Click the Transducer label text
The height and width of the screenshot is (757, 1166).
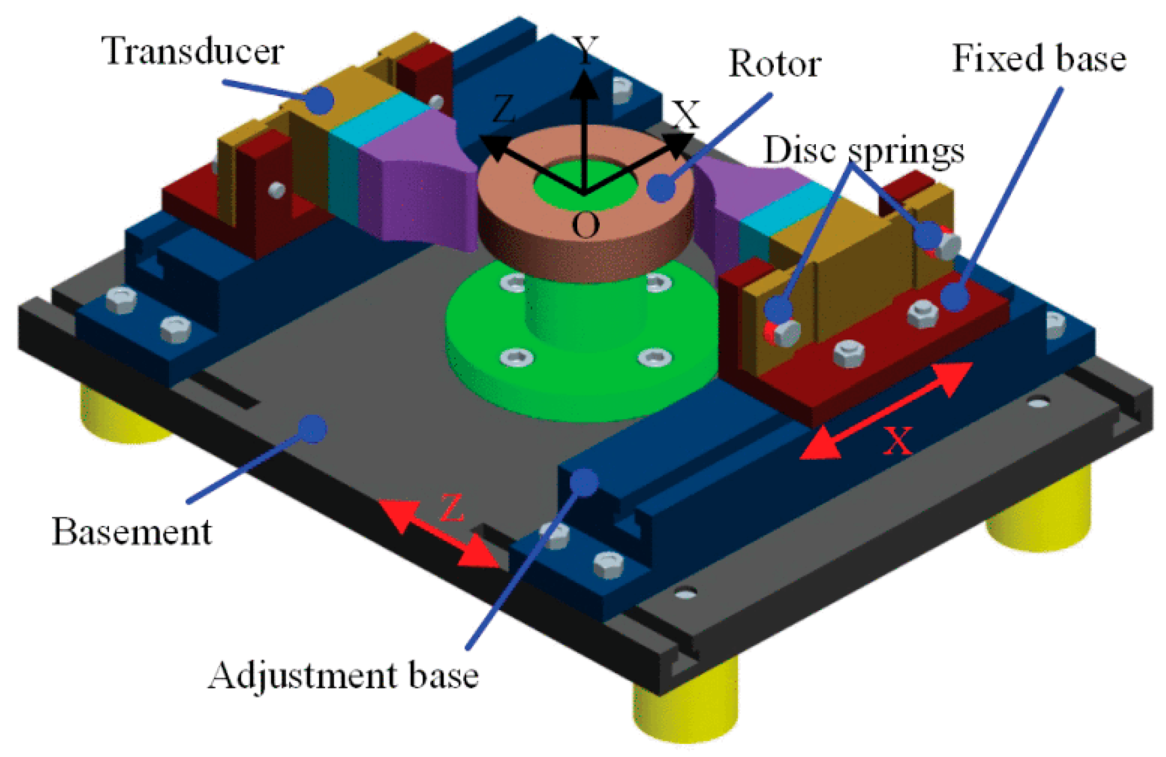click(x=192, y=51)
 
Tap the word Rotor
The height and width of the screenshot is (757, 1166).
click(x=774, y=64)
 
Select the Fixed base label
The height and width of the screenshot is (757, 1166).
click(x=1039, y=59)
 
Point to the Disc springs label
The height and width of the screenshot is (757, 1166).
click(x=863, y=151)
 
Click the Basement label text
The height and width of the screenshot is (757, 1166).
click(x=131, y=532)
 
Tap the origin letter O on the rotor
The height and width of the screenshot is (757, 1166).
click(x=585, y=225)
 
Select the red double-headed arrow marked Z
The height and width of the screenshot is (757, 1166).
click(x=439, y=533)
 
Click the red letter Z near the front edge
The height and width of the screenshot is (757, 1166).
click(x=452, y=508)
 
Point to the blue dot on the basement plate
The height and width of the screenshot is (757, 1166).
click(x=313, y=428)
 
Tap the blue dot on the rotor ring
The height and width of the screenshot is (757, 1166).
click(x=661, y=187)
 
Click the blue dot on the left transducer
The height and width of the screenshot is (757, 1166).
click(x=320, y=100)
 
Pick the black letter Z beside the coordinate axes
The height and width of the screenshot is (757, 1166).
click(x=503, y=109)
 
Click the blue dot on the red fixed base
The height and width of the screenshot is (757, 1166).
click(x=955, y=297)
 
